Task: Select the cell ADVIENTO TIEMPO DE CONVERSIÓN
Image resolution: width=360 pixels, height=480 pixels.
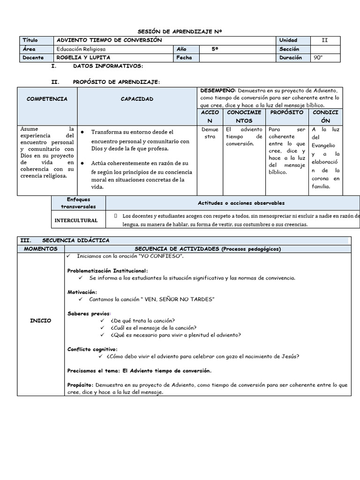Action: [x=109, y=40]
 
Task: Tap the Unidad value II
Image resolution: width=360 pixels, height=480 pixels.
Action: [x=325, y=40]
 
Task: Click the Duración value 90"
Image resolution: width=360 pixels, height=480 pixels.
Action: [x=319, y=58]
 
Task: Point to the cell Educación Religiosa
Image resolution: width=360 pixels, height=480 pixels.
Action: [x=81, y=49]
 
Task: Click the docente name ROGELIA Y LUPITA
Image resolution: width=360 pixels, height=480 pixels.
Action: [x=82, y=58]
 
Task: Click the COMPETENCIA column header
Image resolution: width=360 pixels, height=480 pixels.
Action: [x=47, y=99]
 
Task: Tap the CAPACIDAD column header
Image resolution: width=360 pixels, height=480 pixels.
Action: [x=137, y=99]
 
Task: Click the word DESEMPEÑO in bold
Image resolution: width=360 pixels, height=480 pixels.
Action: [x=218, y=90]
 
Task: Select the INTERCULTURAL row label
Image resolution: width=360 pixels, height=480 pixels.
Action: [x=76, y=220]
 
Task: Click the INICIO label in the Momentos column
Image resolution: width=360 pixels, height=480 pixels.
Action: [x=40, y=321]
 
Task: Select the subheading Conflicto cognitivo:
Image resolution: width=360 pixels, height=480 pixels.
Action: [x=92, y=349]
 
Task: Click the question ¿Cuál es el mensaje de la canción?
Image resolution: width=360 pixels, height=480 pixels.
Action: [x=154, y=328]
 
